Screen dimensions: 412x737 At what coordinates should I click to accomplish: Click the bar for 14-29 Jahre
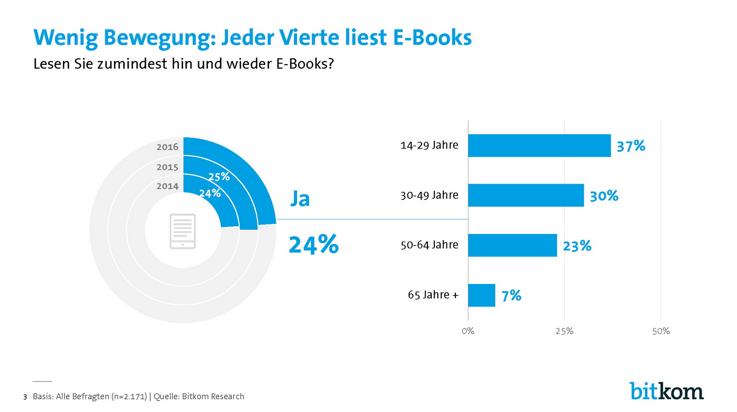(x=539, y=145)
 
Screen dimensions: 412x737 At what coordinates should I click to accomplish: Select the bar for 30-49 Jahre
(x=525, y=195)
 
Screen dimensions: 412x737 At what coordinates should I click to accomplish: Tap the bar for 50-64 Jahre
(x=512, y=245)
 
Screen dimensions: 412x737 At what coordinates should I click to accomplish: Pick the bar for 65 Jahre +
(x=481, y=295)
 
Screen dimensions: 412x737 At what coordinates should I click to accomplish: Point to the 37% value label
(x=631, y=146)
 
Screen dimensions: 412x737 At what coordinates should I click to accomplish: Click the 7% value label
(x=511, y=296)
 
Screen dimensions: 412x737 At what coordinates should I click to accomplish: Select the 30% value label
(x=604, y=196)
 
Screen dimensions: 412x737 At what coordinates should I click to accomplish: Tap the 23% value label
(x=577, y=246)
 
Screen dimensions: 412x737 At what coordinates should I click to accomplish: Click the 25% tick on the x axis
(x=564, y=331)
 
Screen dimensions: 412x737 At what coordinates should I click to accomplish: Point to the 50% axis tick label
(x=661, y=331)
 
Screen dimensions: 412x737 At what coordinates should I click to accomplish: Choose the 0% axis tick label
(x=468, y=331)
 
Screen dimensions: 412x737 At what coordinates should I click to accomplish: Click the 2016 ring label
(x=167, y=147)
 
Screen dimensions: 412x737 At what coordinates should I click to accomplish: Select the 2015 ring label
(x=167, y=167)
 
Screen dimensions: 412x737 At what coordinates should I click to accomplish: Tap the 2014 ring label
(x=167, y=186)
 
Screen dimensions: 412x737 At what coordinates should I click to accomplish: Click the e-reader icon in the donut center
(x=183, y=231)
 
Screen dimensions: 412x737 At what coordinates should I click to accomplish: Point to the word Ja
(x=300, y=199)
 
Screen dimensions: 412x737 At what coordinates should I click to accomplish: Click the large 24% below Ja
(x=314, y=245)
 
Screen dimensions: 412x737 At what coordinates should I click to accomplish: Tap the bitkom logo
(x=666, y=391)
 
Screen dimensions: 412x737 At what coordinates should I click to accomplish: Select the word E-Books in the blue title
(x=432, y=38)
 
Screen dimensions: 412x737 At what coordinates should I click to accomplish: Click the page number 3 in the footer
(x=25, y=397)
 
